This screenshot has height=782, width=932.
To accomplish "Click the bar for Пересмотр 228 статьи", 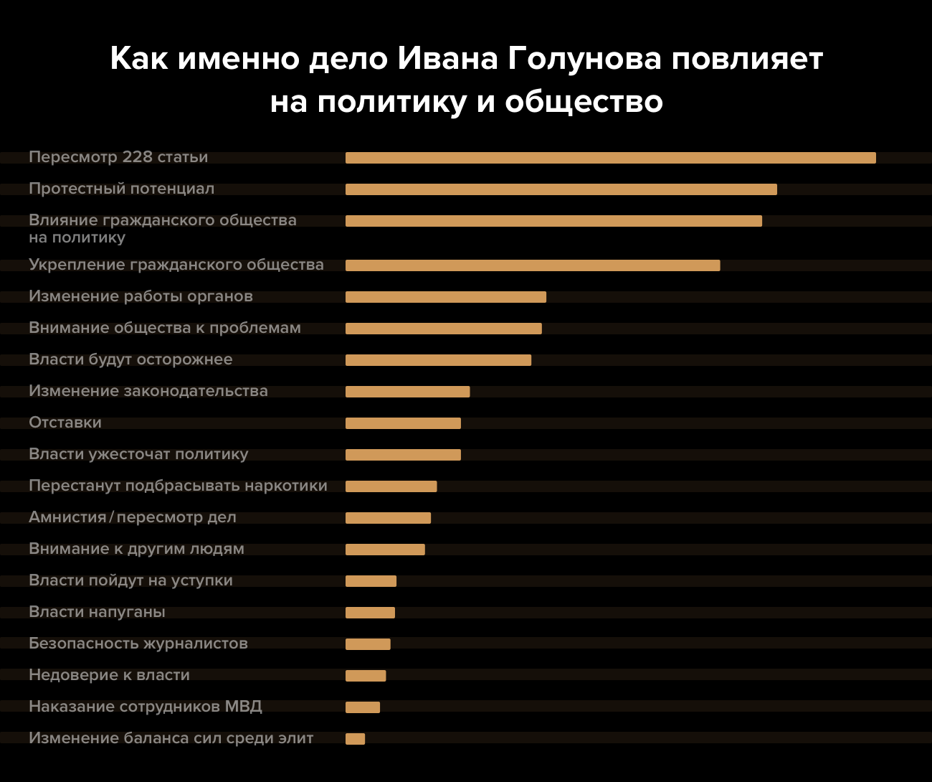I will [x=610, y=158].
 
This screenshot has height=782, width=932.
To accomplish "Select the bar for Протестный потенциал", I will [x=561, y=189].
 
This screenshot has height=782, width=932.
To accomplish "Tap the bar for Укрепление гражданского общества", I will [x=532, y=265].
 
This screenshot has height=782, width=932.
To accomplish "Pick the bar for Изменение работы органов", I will [x=445, y=297].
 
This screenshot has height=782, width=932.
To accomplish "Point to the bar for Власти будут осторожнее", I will [x=438, y=360].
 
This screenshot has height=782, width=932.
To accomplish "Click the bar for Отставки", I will [x=403, y=423].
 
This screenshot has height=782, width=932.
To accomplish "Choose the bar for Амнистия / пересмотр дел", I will [x=388, y=518].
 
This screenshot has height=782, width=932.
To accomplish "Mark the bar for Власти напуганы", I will [x=370, y=613].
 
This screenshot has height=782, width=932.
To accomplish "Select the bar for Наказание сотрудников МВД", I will [x=363, y=707].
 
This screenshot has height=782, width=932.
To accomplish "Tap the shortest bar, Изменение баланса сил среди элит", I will [x=355, y=739].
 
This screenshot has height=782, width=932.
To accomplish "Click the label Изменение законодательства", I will [x=148, y=391].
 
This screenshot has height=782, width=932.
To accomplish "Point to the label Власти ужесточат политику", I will [x=138, y=454].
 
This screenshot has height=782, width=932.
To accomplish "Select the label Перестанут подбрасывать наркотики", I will [x=178, y=486].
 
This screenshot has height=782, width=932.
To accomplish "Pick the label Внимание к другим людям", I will [x=136, y=549].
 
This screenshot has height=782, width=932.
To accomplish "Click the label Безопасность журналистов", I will [x=138, y=644].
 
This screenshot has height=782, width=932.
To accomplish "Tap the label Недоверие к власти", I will [x=109, y=675].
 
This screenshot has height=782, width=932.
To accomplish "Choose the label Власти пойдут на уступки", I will [x=130, y=580].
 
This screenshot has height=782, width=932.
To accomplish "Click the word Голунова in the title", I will [x=584, y=59].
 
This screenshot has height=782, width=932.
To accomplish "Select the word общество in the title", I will [x=584, y=102].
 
